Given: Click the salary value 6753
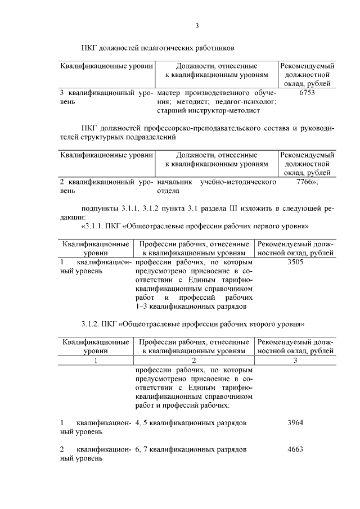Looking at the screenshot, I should coord(307,93).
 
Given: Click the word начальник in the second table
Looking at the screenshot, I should coord(177,182).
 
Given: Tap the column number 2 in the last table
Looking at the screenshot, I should coord(193,361).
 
